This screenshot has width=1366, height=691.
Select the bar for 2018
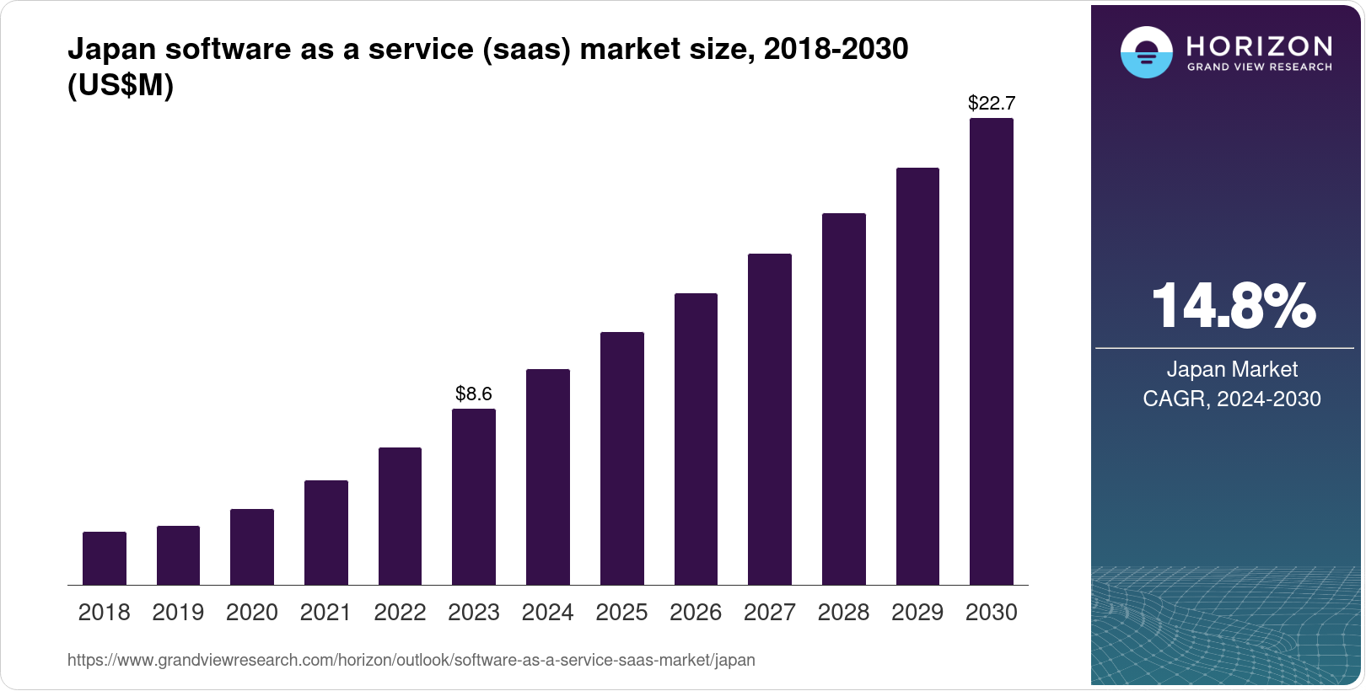[x=105, y=558]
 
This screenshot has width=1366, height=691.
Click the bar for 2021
[x=326, y=533]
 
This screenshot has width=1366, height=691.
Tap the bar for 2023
[x=474, y=497]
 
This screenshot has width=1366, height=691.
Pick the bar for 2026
[x=696, y=439]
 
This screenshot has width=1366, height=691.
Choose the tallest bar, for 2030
[x=992, y=351]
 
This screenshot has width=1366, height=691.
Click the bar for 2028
[x=844, y=399]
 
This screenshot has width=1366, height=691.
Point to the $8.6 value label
[x=474, y=394]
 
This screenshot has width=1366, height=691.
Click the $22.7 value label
[x=992, y=103]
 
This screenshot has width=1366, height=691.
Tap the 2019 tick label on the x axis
[x=178, y=613]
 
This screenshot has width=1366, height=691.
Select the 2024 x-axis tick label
[x=548, y=613]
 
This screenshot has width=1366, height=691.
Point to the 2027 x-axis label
[x=770, y=613]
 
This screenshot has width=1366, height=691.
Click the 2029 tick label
[x=917, y=613]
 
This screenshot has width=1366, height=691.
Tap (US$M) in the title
[x=121, y=86]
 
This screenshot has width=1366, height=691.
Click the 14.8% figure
[x=1233, y=306]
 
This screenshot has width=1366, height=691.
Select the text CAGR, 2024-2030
[x=1232, y=399]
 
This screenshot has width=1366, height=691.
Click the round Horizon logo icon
[x=1146, y=52]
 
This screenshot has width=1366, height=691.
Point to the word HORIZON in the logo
[x=1260, y=46]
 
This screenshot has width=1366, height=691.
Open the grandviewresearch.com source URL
[x=411, y=660]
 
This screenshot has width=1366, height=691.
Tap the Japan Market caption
[x=1232, y=369]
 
